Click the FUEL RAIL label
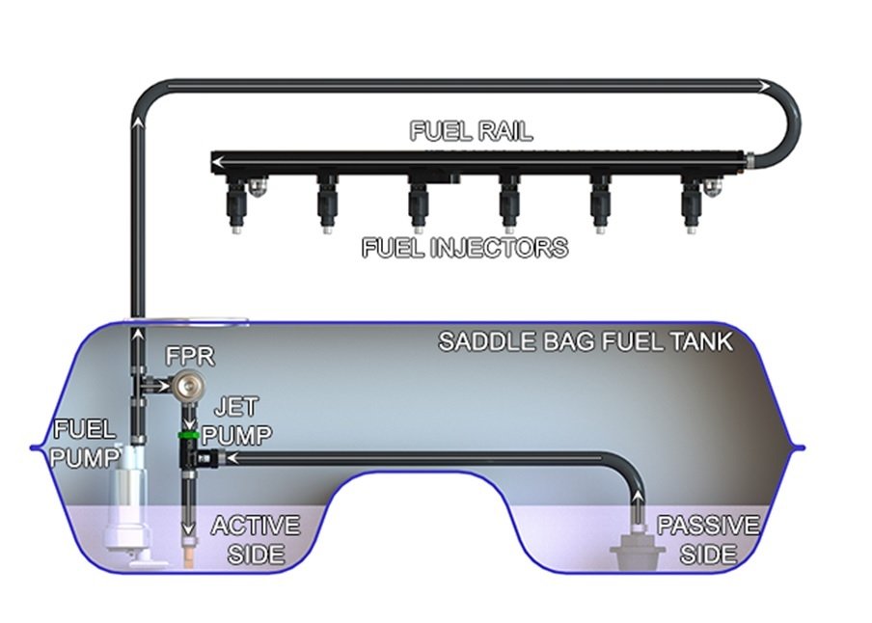(x=471, y=131)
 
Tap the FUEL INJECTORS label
(x=465, y=248)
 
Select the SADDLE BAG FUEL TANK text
(x=586, y=341)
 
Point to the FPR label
(x=190, y=357)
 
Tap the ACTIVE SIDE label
(x=256, y=540)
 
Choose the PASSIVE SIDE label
(x=708, y=540)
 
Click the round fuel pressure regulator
(x=188, y=384)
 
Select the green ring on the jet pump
(x=187, y=434)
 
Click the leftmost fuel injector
(x=236, y=204)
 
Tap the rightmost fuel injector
(x=690, y=204)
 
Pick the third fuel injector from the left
(x=418, y=204)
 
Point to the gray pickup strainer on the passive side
(x=638, y=549)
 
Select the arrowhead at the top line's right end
(x=765, y=87)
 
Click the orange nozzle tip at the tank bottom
(x=189, y=556)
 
